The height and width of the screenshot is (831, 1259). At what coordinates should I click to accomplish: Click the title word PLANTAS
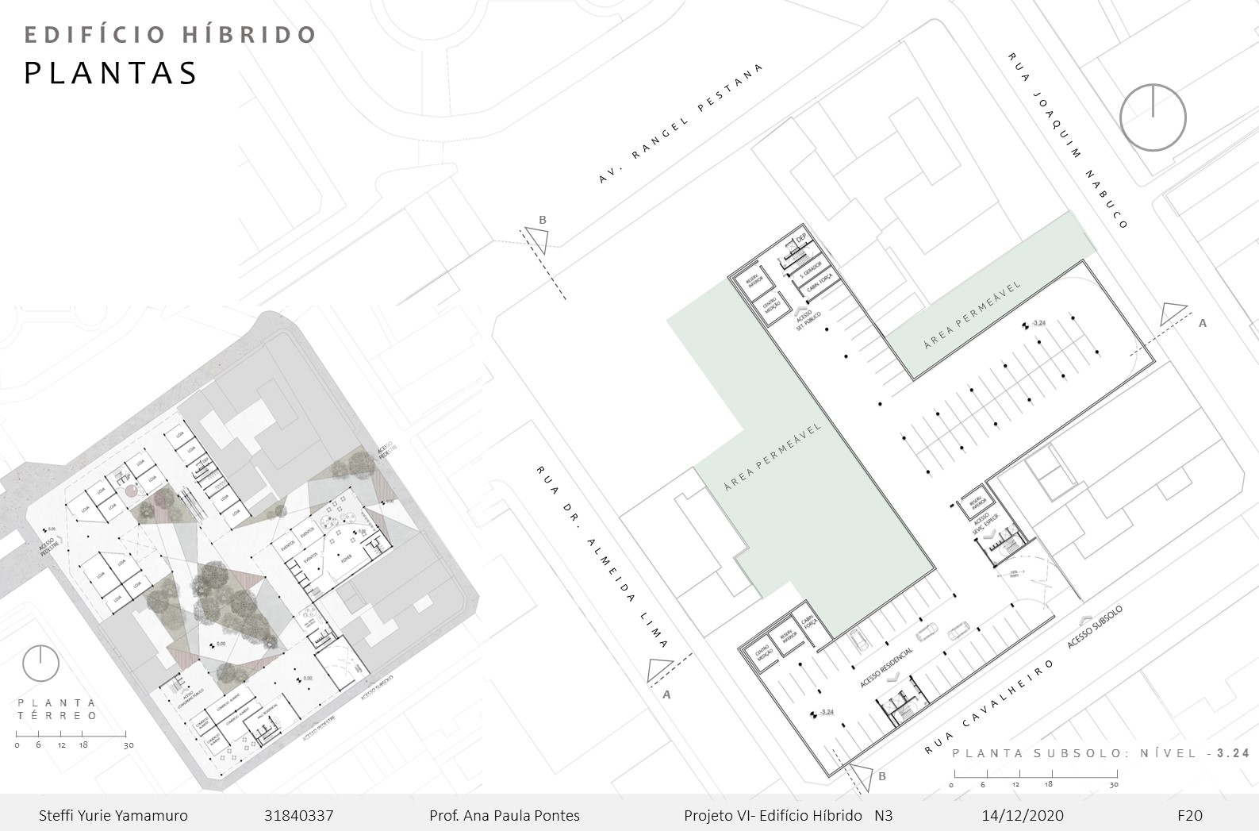click(111, 73)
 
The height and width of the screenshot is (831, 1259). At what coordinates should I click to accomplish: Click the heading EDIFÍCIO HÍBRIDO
click(171, 35)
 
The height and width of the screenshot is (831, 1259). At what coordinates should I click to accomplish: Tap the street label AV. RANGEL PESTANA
click(680, 124)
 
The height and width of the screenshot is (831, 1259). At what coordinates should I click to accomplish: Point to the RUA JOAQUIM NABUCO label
click(1067, 140)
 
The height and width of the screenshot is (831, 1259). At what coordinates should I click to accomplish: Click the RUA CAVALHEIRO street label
click(991, 706)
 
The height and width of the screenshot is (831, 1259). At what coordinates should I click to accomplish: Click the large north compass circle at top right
click(1153, 117)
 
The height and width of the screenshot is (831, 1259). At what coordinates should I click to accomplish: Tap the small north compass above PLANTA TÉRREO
click(40, 664)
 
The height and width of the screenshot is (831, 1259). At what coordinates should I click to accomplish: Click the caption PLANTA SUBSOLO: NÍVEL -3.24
click(1100, 753)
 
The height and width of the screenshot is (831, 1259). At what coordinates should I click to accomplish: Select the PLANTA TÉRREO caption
click(58, 709)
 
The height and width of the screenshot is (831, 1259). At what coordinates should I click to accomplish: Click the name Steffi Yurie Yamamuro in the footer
click(113, 816)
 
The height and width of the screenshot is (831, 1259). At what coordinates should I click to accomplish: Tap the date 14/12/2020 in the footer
click(1023, 816)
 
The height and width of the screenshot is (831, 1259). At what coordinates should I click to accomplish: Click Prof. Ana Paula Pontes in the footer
click(505, 816)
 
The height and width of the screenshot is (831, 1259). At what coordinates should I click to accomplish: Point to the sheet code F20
click(1190, 816)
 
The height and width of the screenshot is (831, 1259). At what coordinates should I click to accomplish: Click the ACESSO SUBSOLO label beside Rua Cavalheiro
click(1095, 627)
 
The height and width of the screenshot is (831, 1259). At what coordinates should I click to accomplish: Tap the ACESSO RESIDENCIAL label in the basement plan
click(887, 667)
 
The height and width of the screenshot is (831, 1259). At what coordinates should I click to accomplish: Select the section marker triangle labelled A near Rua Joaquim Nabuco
click(1173, 315)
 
